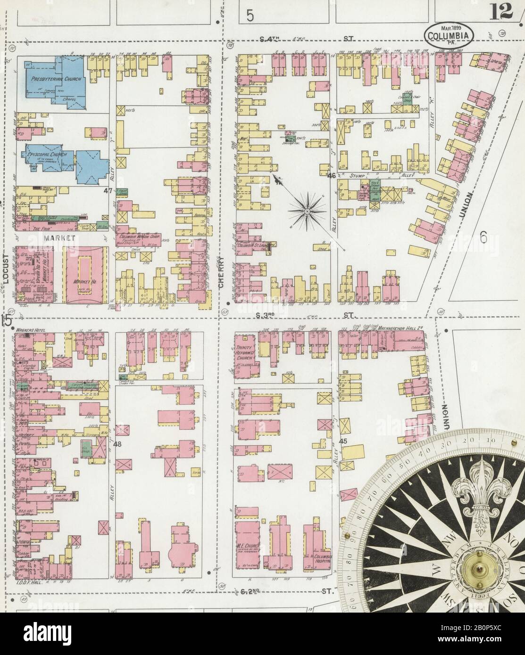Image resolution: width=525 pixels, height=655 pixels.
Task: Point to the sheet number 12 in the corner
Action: pyautogui.click(x=501, y=12)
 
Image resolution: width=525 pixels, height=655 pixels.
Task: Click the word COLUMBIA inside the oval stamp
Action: pyautogui.click(x=449, y=36)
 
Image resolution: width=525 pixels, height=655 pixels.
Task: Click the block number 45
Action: pyautogui.click(x=343, y=441)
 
